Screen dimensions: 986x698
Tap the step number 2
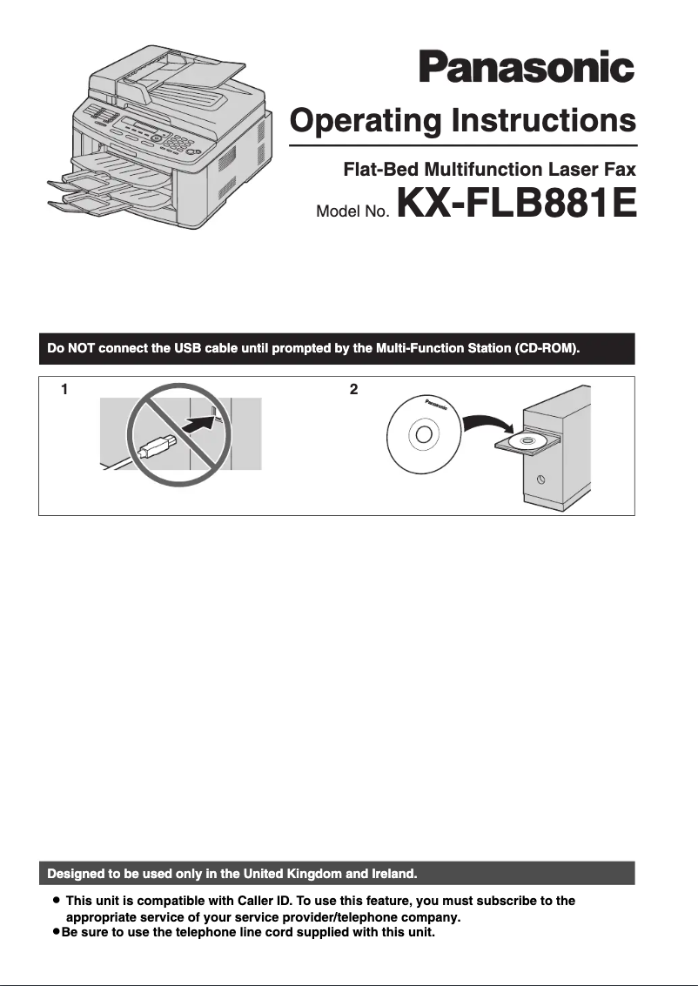353,391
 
